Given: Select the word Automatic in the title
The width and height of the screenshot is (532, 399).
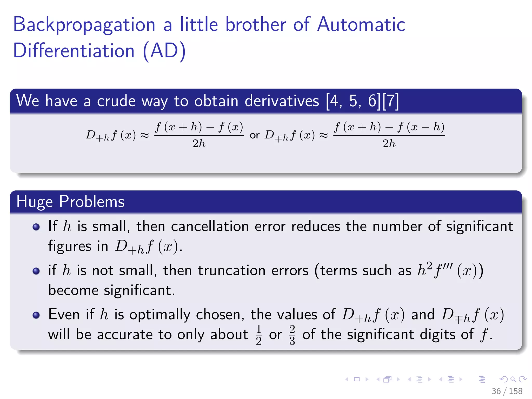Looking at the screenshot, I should pyautogui.click(x=361, y=24).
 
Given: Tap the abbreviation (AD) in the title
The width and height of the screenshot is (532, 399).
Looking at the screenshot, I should pyautogui.click(x=164, y=51).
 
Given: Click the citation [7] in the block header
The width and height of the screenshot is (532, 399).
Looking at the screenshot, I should pyautogui.click(x=390, y=101).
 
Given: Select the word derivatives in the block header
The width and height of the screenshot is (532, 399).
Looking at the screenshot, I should pyautogui.click(x=282, y=101).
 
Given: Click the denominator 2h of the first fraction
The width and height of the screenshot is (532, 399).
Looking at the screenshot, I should pyautogui.click(x=199, y=144).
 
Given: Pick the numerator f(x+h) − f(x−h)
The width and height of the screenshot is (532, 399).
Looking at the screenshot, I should pyautogui.click(x=389, y=127).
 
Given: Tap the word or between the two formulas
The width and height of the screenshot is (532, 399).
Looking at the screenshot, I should pyautogui.click(x=255, y=135).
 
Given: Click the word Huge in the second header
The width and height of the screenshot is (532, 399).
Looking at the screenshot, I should pyautogui.click(x=35, y=202).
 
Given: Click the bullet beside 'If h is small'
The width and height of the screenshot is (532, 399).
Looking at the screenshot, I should pyautogui.click(x=36, y=227).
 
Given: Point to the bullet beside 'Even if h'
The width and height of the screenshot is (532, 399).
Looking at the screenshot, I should pyautogui.click(x=36, y=315).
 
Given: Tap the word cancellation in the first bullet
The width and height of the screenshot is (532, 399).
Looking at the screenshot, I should pyautogui.click(x=210, y=227).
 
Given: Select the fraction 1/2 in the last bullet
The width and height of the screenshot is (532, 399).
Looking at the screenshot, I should pyautogui.click(x=259, y=335).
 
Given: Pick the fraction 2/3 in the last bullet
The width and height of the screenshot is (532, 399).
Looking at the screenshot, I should pyautogui.click(x=292, y=335).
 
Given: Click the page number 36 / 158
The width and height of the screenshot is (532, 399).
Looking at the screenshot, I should pyautogui.click(x=507, y=391).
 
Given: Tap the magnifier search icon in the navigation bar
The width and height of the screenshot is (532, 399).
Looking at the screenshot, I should pyautogui.click(x=513, y=380).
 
